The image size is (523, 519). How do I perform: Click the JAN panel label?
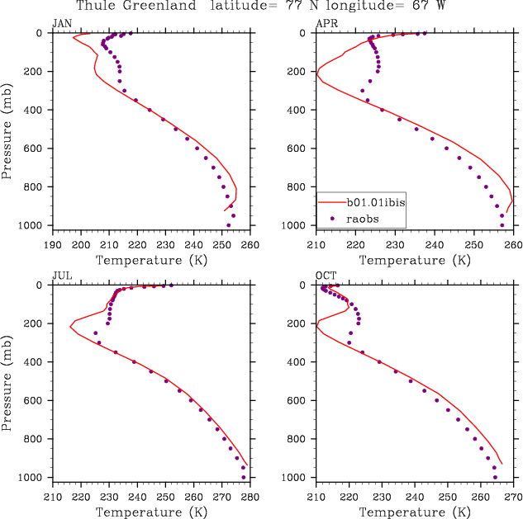click(x=62, y=23)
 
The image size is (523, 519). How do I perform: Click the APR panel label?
click(x=326, y=23)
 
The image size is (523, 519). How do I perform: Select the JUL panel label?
click(x=61, y=275)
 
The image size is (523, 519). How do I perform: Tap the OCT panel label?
click(x=326, y=275)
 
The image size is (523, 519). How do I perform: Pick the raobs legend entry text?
click(x=360, y=219)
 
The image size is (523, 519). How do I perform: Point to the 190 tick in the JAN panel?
click(x=53, y=245)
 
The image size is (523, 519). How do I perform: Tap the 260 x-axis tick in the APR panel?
click(x=513, y=245)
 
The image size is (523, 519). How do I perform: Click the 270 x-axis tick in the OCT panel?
click(x=513, y=497)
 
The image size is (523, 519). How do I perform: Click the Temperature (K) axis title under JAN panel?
click(x=152, y=261)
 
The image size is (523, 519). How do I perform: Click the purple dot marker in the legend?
click(x=332, y=219)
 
